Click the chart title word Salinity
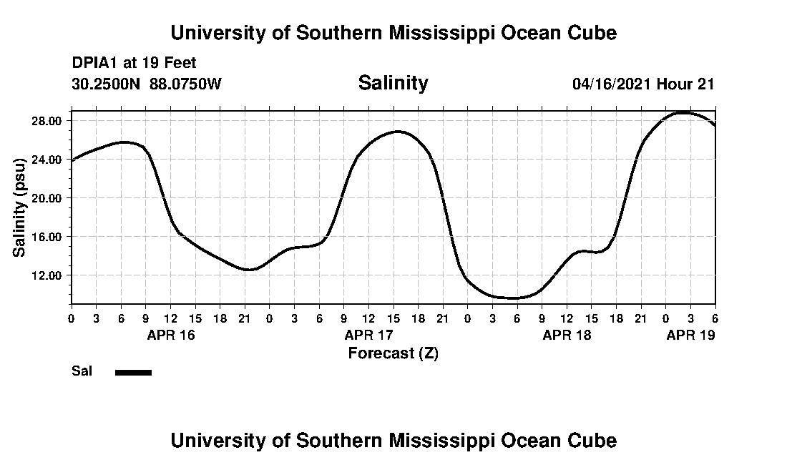(x=393, y=83)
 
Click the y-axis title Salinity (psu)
(x=20, y=207)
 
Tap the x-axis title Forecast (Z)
(x=393, y=353)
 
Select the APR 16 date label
(x=170, y=335)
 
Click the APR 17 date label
(x=368, y=335)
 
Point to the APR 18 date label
(x=567, y=335)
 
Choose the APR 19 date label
(x=690, y=335)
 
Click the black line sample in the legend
(x=133, y=372)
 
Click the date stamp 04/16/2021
(x=611, y=84)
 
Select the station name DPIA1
(x=95, y=63)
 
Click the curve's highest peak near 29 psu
(x=685, y=112)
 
